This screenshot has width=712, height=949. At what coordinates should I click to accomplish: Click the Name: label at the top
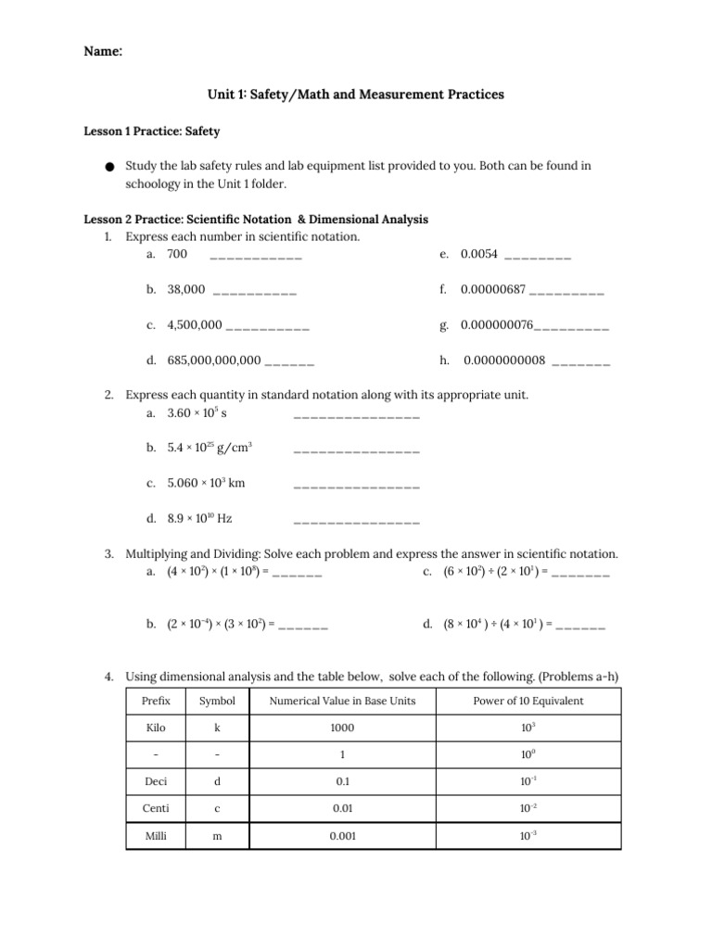click(x=103, y=53)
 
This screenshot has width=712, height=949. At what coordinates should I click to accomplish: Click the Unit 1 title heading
click(x=355, y=95)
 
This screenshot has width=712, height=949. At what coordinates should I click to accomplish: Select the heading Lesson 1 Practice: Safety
click(x=152, y=133)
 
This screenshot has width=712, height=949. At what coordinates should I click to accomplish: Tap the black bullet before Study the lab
click(x=109, y=168)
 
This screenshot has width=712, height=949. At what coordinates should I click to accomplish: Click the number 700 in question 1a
click(x=177, y=254)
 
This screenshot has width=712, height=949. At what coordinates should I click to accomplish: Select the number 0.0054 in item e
click(x=479, y=254)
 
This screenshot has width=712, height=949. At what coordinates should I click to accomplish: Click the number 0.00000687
click(x=493, y=290)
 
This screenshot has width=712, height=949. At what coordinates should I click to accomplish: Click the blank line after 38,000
click(x=255, y=292)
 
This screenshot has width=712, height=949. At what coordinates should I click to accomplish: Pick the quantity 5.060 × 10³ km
click(x=206, y=483)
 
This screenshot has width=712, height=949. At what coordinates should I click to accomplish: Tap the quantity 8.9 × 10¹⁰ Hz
click(x=199, y=518)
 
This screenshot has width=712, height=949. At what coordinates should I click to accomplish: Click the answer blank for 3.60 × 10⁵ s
click(x=356, y=415)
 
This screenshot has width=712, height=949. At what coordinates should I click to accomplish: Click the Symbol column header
click(x=217, y=701)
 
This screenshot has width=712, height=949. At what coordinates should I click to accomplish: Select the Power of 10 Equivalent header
click(x=528, y=701)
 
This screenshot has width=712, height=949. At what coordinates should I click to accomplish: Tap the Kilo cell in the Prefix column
click(x=156, y=728)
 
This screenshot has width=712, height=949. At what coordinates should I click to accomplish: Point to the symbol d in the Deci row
click(x=217, y=781)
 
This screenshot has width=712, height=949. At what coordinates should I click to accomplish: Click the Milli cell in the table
click(x=156, y=835)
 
